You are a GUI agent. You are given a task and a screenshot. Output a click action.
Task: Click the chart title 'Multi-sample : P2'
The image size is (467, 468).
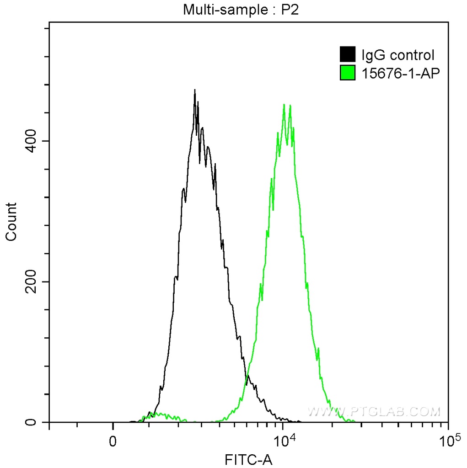point(240,10)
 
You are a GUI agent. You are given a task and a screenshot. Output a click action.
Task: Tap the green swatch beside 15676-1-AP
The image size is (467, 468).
point(348,72)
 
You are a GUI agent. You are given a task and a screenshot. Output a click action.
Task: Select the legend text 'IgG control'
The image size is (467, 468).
point(397,56)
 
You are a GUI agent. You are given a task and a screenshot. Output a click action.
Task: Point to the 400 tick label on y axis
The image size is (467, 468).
point(32,141)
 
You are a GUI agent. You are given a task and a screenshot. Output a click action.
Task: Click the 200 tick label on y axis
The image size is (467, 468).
point(32,282)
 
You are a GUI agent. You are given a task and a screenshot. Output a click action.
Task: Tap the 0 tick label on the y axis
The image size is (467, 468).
point(32,422)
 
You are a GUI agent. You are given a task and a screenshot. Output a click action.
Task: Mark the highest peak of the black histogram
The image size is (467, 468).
point(195,90)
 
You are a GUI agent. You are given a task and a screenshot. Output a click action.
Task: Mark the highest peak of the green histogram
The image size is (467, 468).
point(284,105)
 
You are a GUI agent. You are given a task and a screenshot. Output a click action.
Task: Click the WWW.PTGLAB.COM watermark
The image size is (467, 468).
point(375,412)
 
